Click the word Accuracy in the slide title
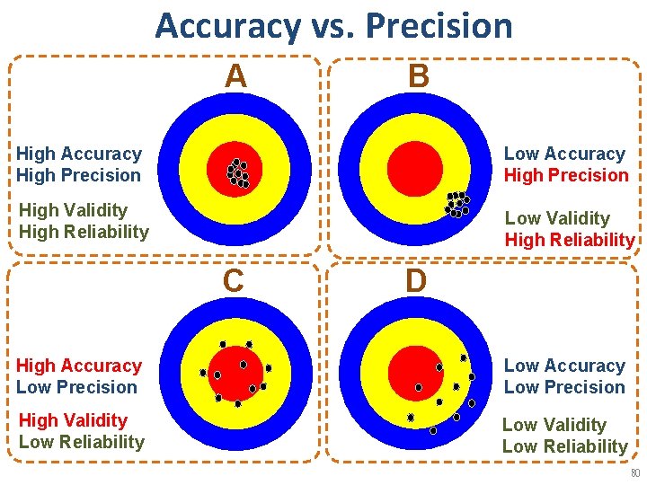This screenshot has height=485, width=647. click(227, 27)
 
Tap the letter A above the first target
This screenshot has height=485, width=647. click(235, 76)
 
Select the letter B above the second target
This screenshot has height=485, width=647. click(418, 76)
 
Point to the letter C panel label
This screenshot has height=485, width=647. click(234, 281)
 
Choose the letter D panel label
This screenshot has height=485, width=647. click(415, 281)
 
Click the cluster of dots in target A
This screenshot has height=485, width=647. click(238, 172)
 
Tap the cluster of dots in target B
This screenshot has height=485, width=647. click(457, 205)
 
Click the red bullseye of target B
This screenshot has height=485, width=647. click(416, 167)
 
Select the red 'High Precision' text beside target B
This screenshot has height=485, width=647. click(566, 175)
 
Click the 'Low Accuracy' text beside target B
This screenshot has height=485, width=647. click(564, 154)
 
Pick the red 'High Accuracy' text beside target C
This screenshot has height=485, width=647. click(79, 366)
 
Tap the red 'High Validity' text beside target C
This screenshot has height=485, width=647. click(73, 420)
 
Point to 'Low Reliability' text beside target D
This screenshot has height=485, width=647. click(564, 446)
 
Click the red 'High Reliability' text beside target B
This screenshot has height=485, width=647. click(570, 240)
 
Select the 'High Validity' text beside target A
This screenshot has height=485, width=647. click(73, 210)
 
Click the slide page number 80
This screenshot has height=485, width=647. click(634, 473)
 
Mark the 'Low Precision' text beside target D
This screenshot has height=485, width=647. click(564, 387)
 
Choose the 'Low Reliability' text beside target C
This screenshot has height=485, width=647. click(81, 442)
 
